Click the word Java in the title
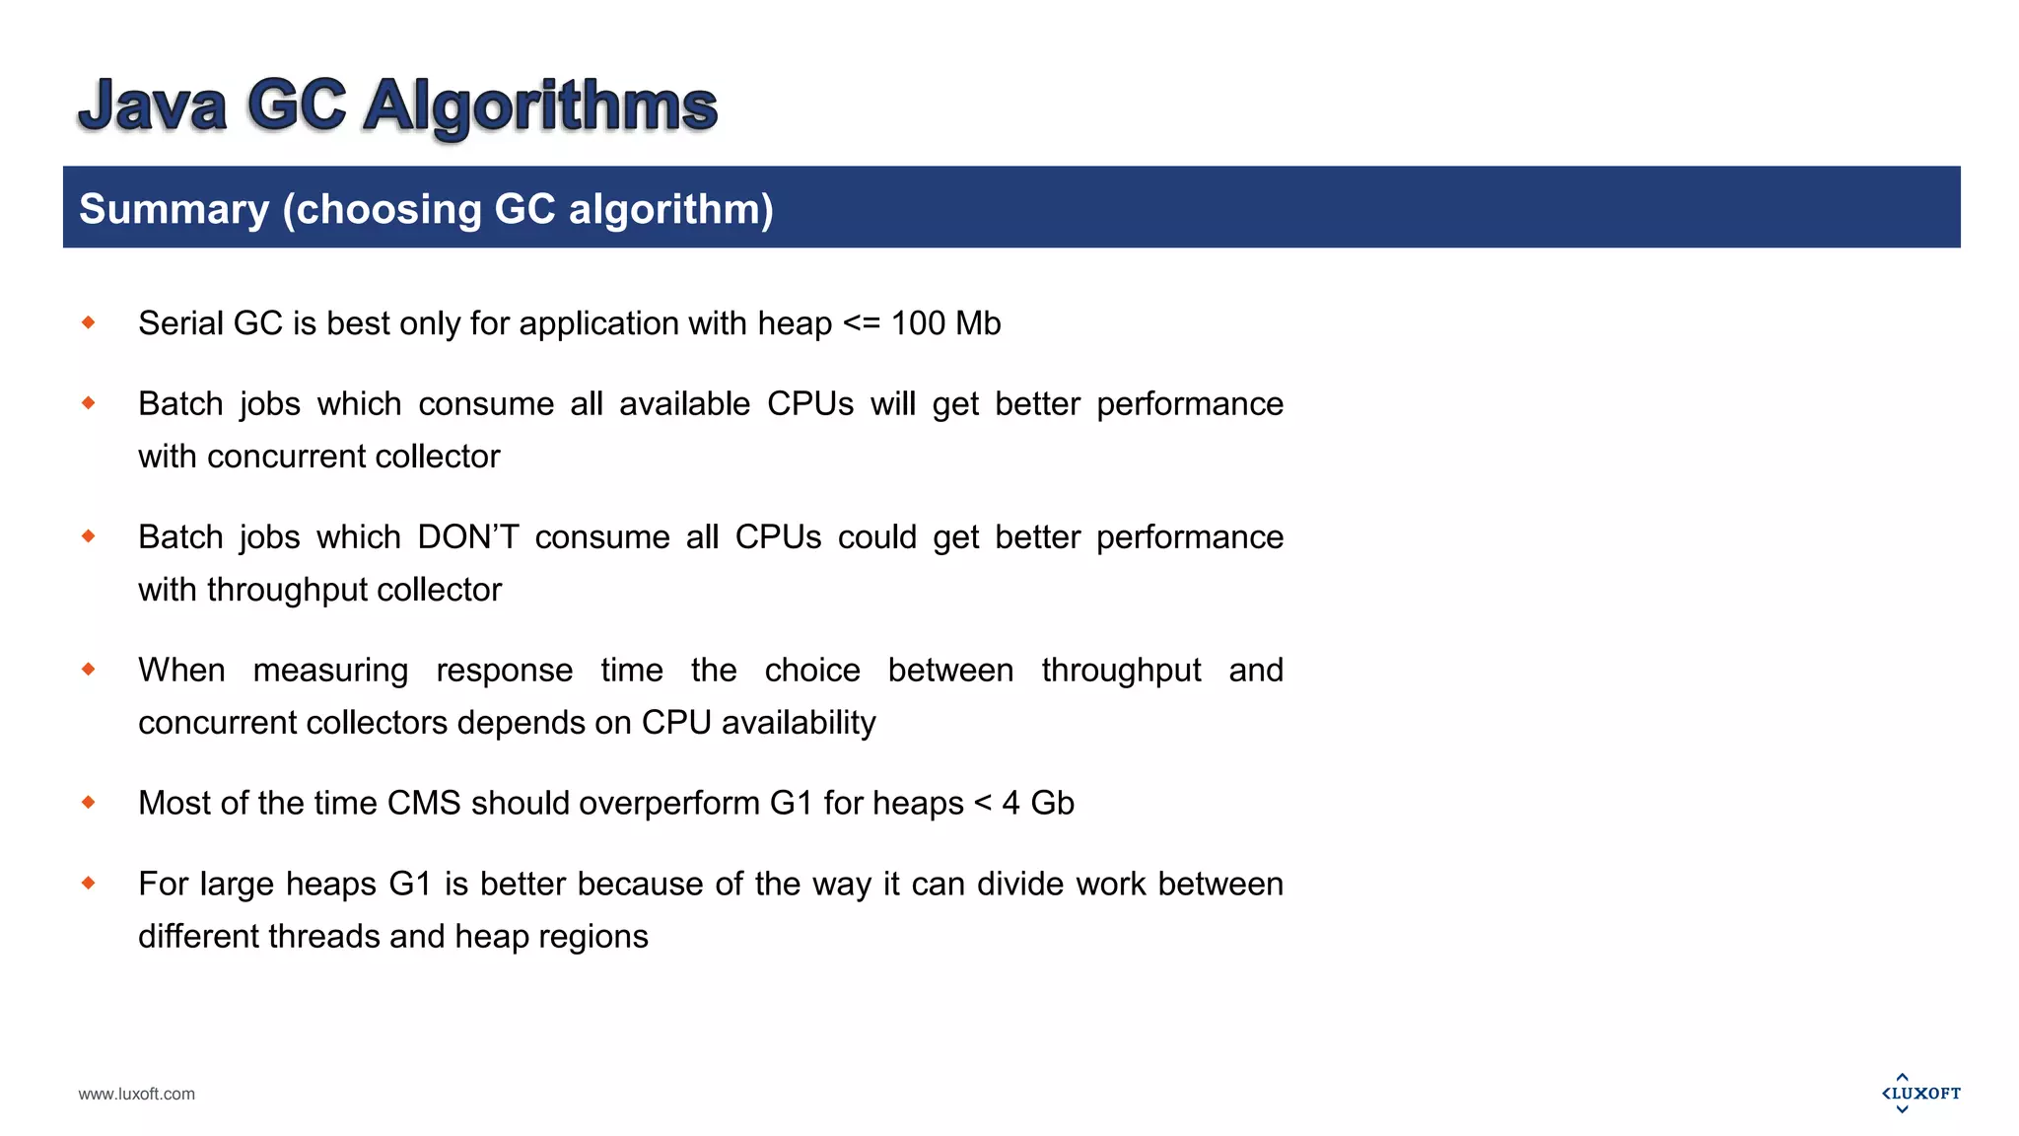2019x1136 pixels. coord(153,106)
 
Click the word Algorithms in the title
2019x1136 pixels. coord(540,106)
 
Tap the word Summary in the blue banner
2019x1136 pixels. coord(174,209)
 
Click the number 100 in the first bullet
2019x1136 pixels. coord(918,323)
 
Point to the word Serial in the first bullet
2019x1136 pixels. coord(181,323)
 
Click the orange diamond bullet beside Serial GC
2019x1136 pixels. coord(89,322)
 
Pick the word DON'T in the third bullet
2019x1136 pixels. coord(467,537)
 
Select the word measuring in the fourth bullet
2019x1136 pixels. coord(330,671)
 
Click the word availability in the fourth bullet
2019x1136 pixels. coord(799,723)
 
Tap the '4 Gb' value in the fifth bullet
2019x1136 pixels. coord(1038,804)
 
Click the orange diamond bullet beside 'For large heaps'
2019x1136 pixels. coord(89,883)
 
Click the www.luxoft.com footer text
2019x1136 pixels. coord(137,1094)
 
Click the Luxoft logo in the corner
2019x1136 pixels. coord(1920,1093)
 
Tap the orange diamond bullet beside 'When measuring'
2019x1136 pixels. coord(89,670)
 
